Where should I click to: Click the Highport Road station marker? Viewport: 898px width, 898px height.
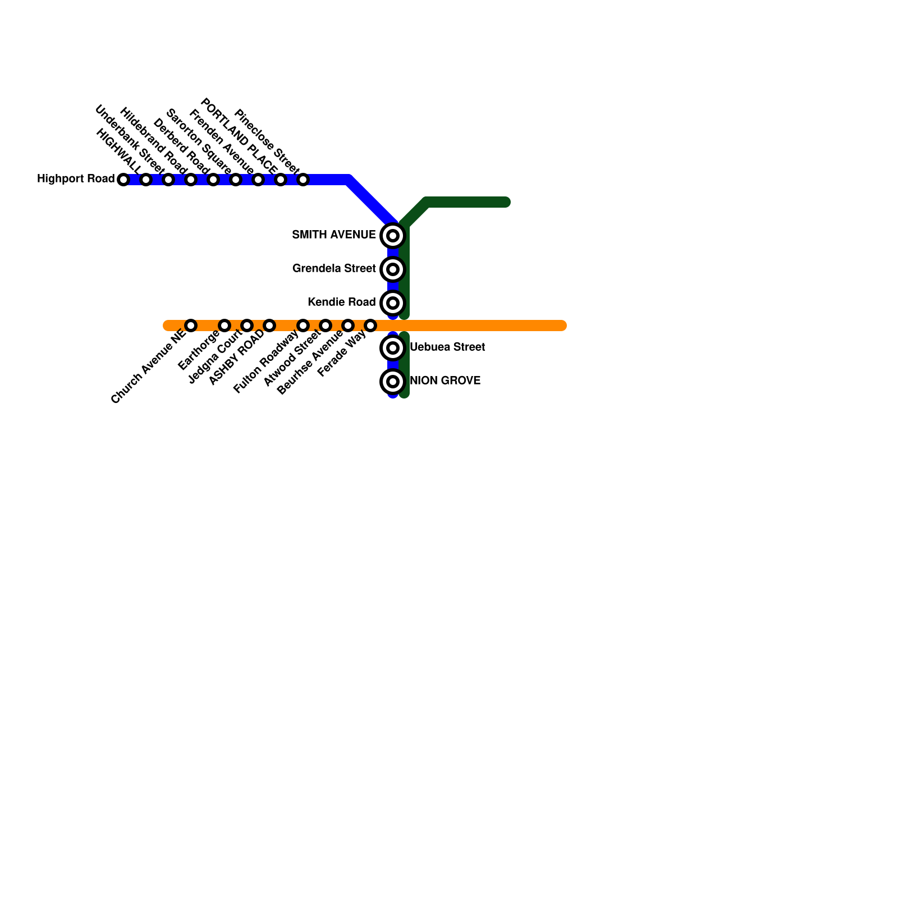click(x=123, y=180)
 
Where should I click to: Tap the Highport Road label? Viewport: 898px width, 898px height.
click(x=76, y=179)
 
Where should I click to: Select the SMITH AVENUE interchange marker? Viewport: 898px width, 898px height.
click(x=393, y=236)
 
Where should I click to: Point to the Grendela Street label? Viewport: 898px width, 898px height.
click(x=334, y=269)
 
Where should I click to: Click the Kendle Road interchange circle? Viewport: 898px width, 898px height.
click(x=393, y=303)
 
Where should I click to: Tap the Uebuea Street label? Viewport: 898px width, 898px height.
click(x=447, y=347)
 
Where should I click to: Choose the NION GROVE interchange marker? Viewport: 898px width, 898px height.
click(x=393, y=382)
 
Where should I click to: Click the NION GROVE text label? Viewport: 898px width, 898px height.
click(x=445, y=381)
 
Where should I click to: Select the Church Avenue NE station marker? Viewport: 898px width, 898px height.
click(x=191, y=326)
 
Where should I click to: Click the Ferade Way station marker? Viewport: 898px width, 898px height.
click(x=370, y=326)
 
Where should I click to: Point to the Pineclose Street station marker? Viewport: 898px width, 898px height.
click(x=303, y=180)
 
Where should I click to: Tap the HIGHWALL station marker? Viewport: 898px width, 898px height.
click(x=146, y=180)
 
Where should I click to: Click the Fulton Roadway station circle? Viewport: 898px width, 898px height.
click(x=303, y=326)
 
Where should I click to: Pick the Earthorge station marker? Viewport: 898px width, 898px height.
click(x=224, y=326)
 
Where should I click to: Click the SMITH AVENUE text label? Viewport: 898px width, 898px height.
click(x=334, y=235)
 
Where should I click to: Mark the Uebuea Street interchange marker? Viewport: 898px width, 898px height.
click(x=393, y=348)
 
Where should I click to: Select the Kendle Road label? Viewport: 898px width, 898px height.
click(x=341, y=303)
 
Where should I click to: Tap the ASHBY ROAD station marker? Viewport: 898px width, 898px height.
click(x=269, y=326)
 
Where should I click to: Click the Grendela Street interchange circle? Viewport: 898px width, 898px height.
click(x=393, y=269)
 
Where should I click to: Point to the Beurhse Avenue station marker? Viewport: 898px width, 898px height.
click(x=348, y=326)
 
